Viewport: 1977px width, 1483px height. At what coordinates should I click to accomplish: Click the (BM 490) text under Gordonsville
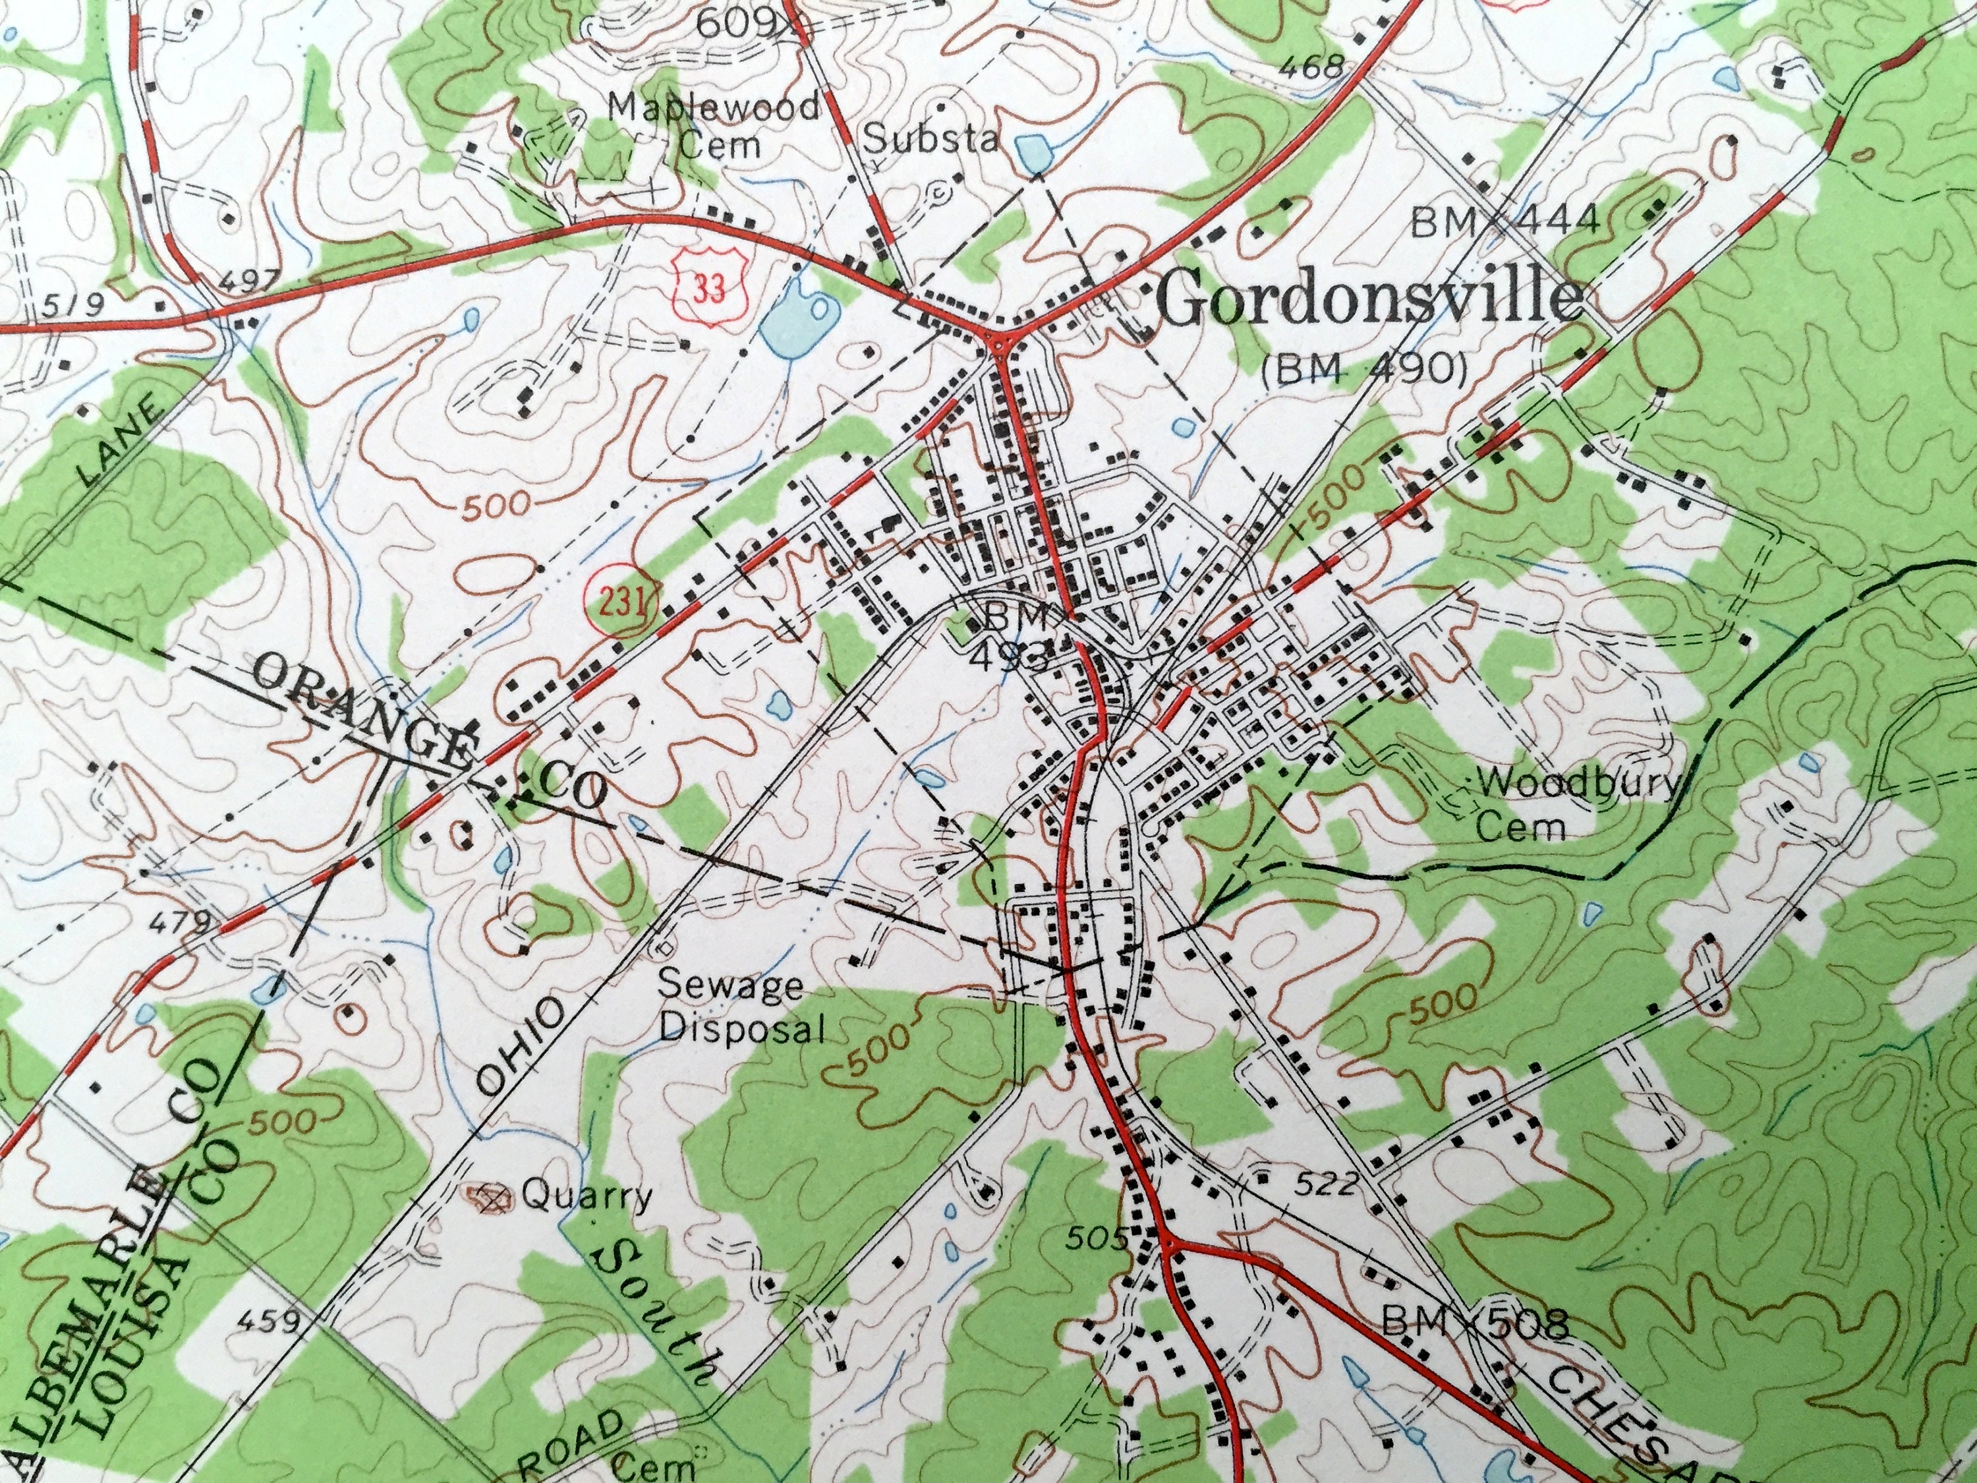click(x=1365, y=369)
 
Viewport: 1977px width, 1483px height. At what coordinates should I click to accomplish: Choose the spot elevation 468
click(x=1312, y=67)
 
